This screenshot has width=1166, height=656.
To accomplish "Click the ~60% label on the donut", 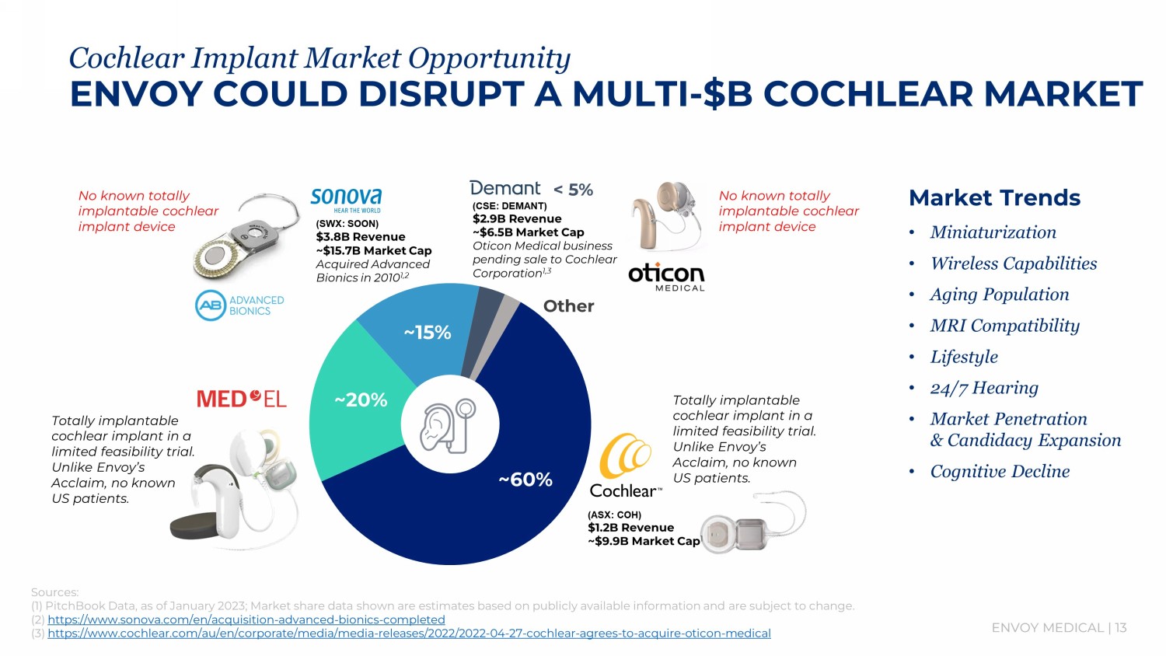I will (525, 480).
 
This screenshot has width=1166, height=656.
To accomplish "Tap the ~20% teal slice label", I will (361, 400).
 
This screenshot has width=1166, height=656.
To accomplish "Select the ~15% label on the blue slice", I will (428, 333).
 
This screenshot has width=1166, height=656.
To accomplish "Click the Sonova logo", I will (346, 198).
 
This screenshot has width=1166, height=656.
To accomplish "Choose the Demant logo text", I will (505, 188).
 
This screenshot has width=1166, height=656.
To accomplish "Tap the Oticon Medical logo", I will (666, 276).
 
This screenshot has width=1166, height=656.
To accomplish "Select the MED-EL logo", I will (242, 399).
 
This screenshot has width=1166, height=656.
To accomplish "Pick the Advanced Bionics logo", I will (239, 305).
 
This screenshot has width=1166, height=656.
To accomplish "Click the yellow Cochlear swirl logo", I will (625, 456).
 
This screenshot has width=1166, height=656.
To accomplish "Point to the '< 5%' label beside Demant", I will (573, 190).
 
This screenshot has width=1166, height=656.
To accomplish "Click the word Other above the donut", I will (568, 306).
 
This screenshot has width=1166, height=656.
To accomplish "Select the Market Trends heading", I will (994, 198).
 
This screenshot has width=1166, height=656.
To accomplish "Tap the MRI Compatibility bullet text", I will (1004, 326).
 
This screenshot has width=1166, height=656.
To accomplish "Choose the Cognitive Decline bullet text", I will (1000, 471).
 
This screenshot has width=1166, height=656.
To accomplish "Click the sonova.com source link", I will (246, 619).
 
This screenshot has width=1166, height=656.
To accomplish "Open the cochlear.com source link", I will (409, 633).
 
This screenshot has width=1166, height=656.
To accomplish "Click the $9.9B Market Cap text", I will (644, 541).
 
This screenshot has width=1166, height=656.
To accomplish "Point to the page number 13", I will (1121, 627).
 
